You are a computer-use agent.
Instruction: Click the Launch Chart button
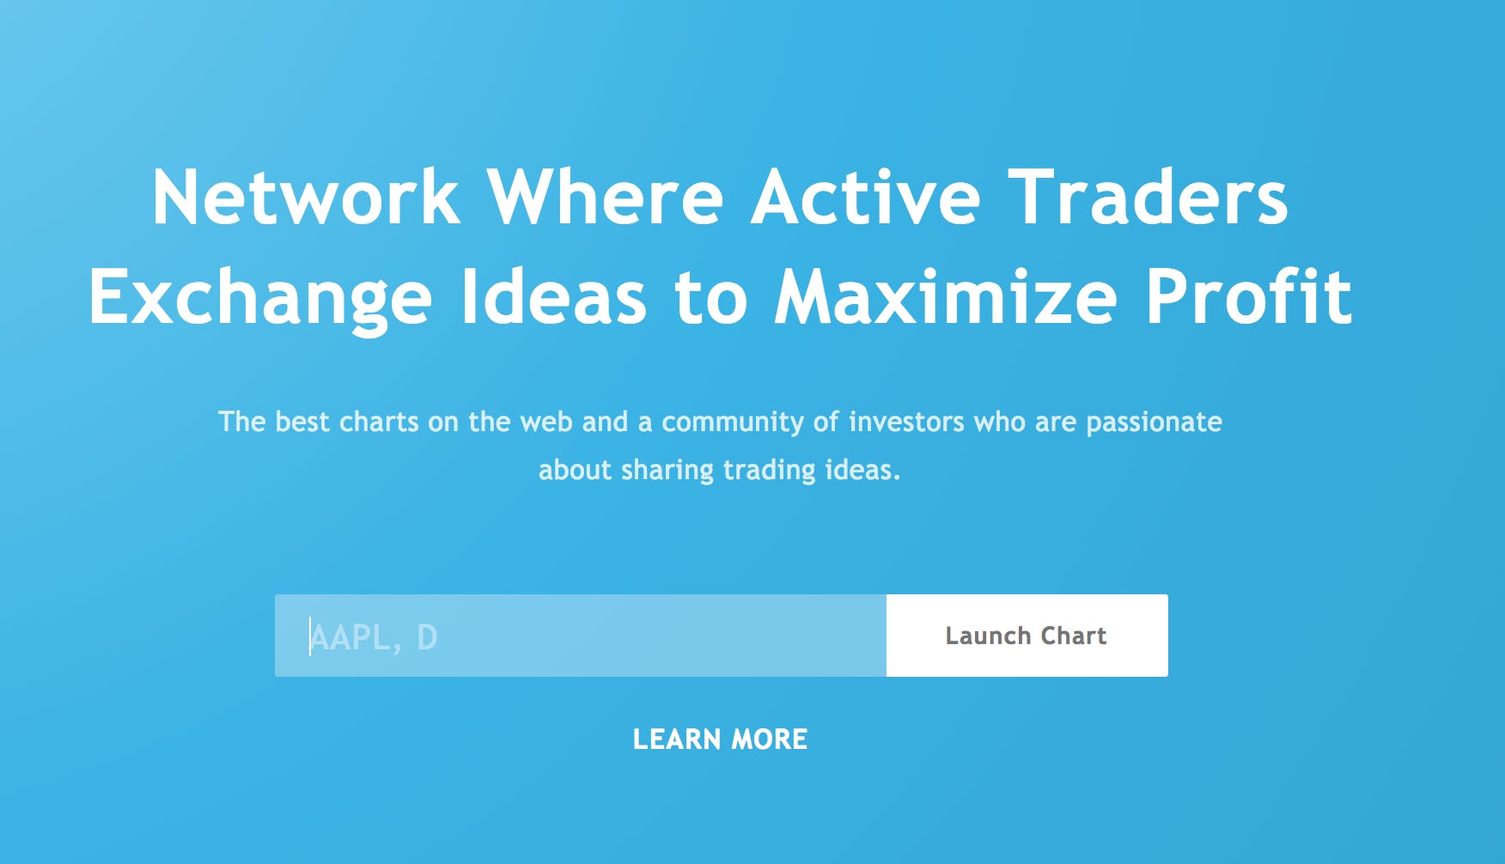coord(1027,636)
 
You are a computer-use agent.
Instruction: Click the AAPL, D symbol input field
coord(581,636)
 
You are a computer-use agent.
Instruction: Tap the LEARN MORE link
coord(720,739)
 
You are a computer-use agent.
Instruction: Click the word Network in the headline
coord(306,197)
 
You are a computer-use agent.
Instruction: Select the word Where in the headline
coord(606,197)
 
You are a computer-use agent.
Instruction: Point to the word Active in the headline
coord(866,197)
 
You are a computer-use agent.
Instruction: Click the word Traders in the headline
coord(1148,197)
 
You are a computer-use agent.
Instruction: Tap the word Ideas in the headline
coord(554,296)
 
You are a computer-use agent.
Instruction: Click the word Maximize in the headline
coord(946,296)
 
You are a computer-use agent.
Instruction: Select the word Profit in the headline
coord(1250,296)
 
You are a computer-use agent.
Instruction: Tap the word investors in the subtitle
coord(906,422)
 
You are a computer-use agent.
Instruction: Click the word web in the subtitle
coord(546,422)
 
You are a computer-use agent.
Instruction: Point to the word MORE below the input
coord(770,739)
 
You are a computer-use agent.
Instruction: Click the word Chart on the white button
coord(1073,636)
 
